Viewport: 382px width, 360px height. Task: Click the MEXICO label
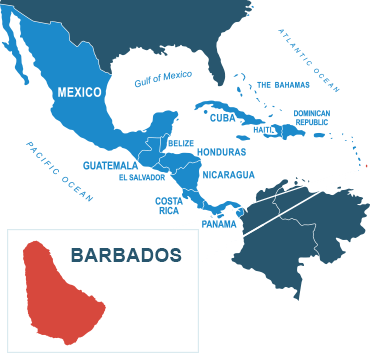(x=79, y=92)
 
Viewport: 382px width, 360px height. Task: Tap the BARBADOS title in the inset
(x=126, y=255)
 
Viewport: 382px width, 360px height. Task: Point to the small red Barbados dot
(x=366, y=166)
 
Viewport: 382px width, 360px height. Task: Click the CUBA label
(x=222, y=117)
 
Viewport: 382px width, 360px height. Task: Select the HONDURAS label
(x=222, y=152)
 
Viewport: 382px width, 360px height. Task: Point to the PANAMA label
(x=219, y=223)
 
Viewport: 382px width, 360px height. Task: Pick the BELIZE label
(x=181, y=143)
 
